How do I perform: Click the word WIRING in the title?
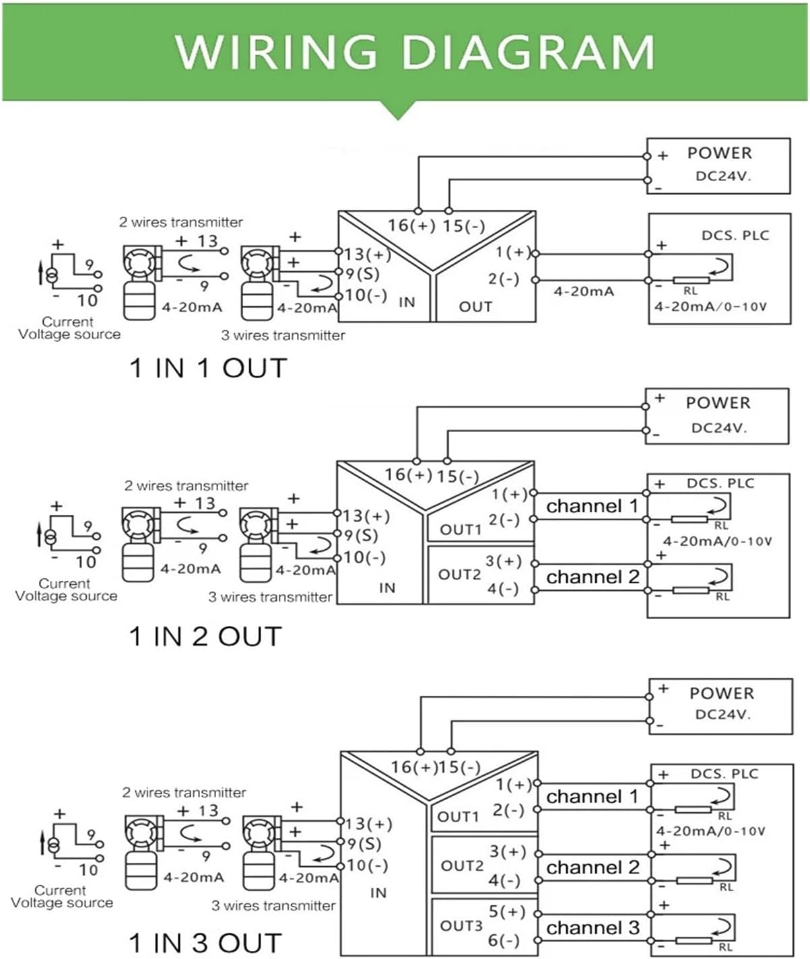tap(276, 51)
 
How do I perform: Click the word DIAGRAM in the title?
tap(528, 51)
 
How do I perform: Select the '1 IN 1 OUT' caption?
tap(208, 368)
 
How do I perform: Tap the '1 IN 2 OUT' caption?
tap(205, 636)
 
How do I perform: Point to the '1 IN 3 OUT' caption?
tap(205, 943)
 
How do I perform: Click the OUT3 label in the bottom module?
tap(461, 926)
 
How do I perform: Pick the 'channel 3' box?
tap(593, 928)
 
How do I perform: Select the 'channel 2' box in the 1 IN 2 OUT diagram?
tap(593, 577)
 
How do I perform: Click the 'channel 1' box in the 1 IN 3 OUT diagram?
tap(593, 797)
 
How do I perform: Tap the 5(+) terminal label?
tap(507, 912)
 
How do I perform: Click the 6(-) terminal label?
tap(504, 940)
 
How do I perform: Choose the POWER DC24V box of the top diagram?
tap(718, 166)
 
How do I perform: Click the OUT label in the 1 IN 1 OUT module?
tap(475, 307)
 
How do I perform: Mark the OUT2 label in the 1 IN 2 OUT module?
tap(459, 575)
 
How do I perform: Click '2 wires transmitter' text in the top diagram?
tap(181, 222)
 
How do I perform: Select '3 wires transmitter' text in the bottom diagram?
tap(273, 906)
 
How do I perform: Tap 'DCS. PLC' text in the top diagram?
tap(735, 236)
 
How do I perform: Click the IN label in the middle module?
tap(387, 588)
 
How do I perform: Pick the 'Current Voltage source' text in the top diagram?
tap(69, 328)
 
